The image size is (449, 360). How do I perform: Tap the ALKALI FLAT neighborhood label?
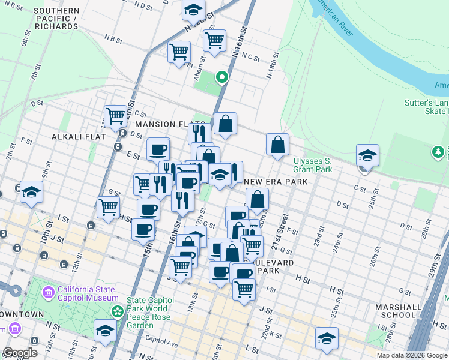click(79, 137)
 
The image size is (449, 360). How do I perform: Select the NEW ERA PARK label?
click(276, 182)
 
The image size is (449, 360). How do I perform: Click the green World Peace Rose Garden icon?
click(118, 311)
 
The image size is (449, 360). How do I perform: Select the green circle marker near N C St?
click(221, 77)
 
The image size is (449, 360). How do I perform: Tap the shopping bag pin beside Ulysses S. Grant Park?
click(277, 145)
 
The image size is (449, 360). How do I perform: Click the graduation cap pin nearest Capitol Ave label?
click(106, 330)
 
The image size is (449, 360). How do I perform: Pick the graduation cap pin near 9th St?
click(31, 192)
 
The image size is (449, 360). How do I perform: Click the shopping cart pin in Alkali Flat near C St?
click(115, 115)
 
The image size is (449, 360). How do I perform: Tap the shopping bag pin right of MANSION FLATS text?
click(225, 124)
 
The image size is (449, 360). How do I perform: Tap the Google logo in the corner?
click(20, 353)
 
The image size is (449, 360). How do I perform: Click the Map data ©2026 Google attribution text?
click(412, 355)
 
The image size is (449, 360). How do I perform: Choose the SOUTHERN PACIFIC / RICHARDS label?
click(56, 19)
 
